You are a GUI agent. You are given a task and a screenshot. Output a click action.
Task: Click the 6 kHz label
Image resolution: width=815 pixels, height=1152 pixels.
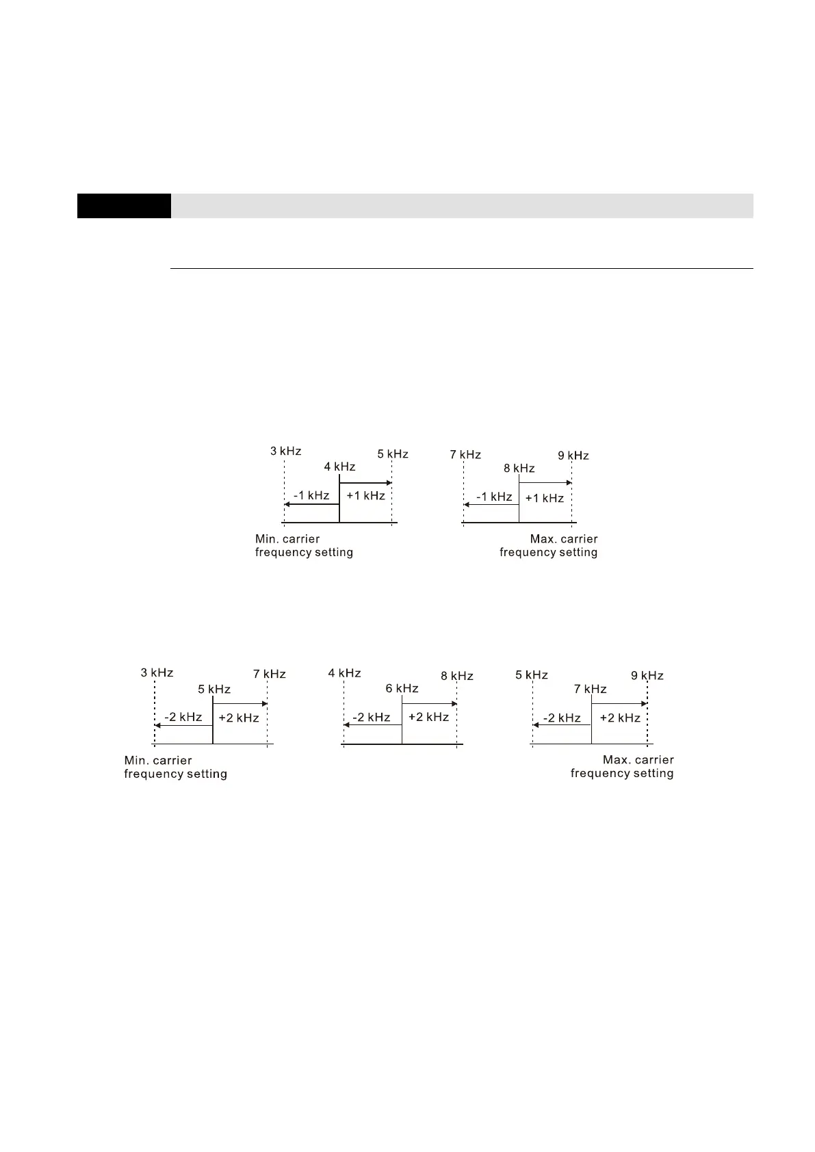coord(402,688)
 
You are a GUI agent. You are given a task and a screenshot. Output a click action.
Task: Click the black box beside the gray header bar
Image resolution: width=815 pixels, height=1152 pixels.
coord(124,206)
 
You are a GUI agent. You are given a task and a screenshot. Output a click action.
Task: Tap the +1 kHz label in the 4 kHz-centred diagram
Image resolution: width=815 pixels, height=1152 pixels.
coord(365,495)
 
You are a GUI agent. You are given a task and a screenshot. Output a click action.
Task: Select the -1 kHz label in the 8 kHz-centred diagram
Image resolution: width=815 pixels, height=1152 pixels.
coord(494,497)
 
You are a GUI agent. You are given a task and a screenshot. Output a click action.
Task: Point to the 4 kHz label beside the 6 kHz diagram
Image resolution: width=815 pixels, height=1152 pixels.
coord(344,673)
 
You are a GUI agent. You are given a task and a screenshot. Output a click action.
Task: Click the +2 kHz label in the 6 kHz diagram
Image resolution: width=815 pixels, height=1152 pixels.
coord(428,717)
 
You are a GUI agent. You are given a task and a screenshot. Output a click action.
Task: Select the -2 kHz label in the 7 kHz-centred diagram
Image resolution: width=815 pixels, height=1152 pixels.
coord(562,718)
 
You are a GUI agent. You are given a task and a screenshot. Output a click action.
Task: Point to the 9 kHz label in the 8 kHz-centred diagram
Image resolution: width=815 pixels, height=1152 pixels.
coord(573,456)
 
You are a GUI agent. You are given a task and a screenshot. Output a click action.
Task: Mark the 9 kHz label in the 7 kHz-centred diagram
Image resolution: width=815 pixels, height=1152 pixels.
coord(647,675)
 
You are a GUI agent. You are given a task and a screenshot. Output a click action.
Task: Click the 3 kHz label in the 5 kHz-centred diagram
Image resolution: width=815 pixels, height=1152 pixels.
coord(157,672)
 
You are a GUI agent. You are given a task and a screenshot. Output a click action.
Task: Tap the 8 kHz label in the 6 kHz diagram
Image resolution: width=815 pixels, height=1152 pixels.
coord(457,676)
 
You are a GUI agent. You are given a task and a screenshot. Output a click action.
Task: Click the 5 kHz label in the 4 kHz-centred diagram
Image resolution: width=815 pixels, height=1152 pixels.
coord(393,454)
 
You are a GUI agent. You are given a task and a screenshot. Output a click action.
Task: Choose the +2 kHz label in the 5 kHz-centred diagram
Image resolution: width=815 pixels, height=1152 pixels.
coord(238,718)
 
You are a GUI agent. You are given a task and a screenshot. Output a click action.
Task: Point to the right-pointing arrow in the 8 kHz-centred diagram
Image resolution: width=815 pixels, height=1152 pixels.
coord(545,483)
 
